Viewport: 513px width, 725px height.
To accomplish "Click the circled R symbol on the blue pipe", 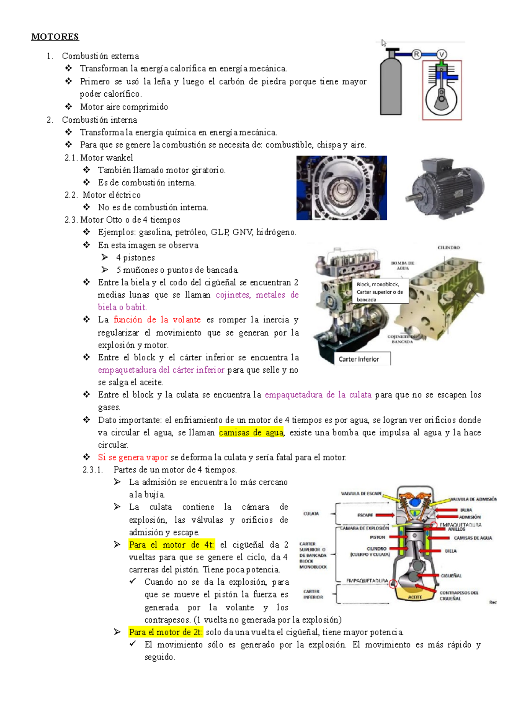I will [x=416, y=54].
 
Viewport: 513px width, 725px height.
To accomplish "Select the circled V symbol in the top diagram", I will [x=442, y=54].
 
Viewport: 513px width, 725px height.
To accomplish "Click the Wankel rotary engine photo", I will [x=342, y=188].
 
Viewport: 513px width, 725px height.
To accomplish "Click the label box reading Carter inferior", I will [x=362, y=359].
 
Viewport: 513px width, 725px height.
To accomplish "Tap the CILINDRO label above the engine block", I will [x=448, y=248].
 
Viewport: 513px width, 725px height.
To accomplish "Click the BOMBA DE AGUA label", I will [x=403, y=265].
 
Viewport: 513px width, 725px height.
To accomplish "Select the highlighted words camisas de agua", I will [x=251, y=433].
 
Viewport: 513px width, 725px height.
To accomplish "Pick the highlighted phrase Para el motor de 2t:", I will [x=166, y=632].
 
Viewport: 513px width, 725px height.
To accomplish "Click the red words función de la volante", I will [x=157, y=320].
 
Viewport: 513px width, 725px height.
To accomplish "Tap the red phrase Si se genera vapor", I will [x=133, y=457].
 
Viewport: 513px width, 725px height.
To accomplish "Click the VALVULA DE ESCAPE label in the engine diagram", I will [x=361, y=493].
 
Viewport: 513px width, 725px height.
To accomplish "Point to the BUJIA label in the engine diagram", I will [x=466, y=510].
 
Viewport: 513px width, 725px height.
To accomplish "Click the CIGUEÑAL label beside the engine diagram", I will [x=451, y=576].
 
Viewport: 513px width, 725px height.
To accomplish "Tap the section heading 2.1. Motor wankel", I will [x=99, y=158].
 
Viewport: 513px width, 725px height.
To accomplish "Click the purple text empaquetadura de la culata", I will [x=318, y=395].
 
